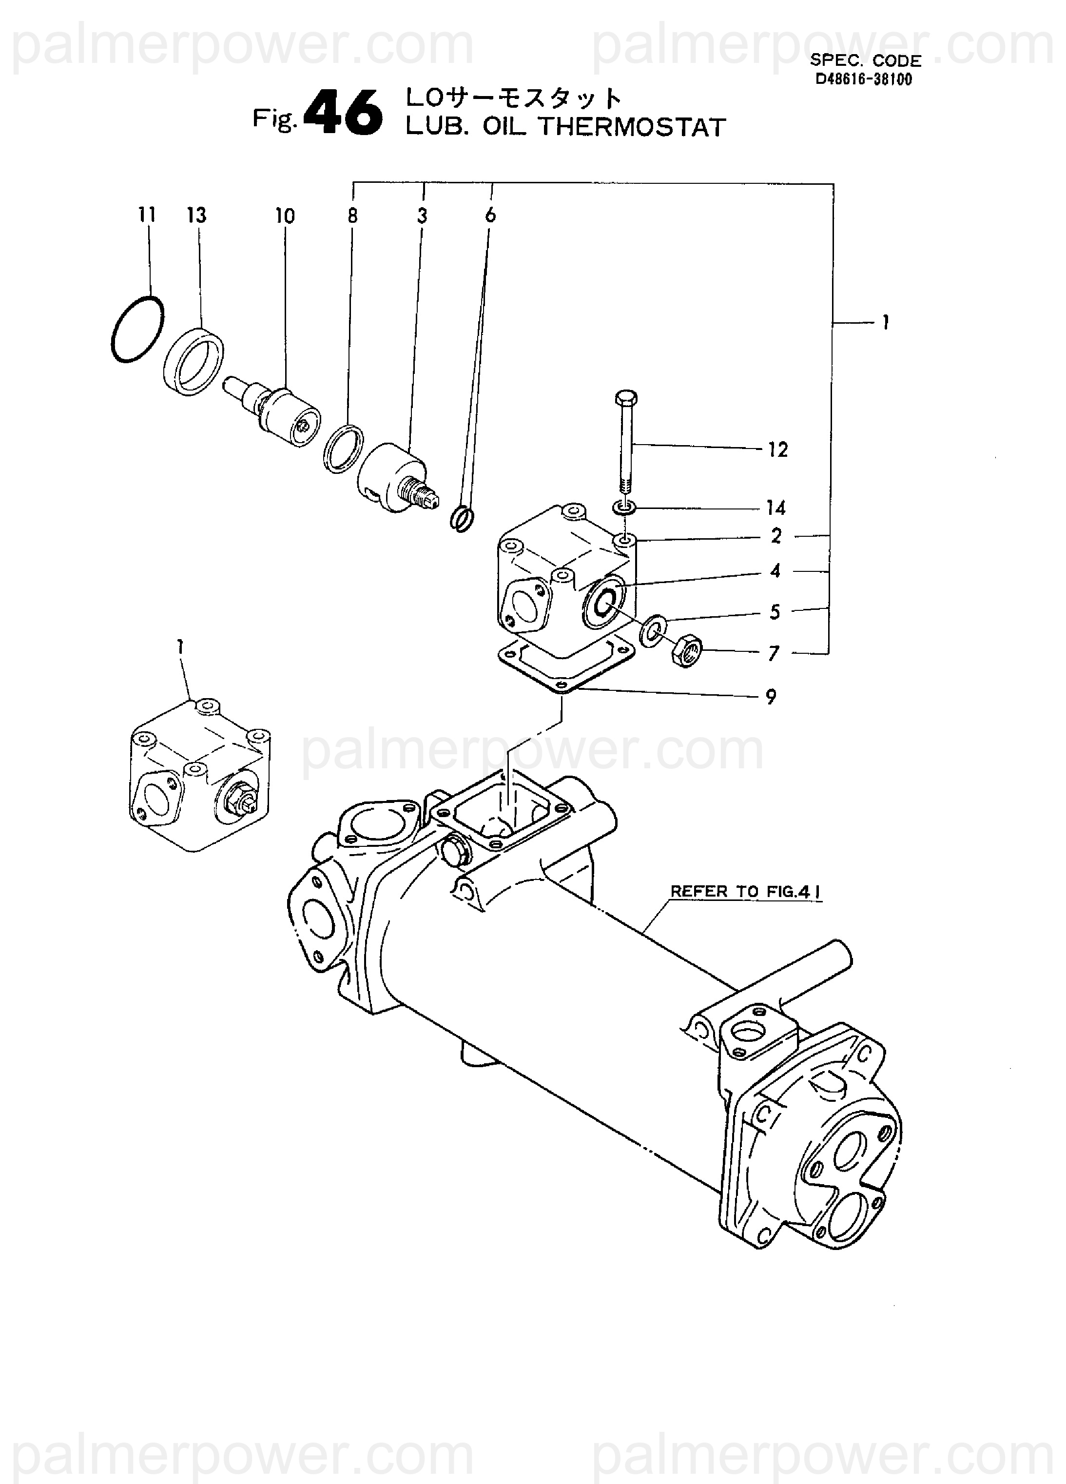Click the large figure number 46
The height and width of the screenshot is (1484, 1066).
coord(344,113)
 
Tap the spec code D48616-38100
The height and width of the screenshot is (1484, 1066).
coord(863,80)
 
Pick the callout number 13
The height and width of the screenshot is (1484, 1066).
coord(196,215)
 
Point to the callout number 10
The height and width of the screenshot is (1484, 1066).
coord(285,216)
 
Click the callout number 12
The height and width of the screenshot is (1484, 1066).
coord(777,449)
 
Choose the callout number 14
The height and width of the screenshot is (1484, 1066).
coord(776,508)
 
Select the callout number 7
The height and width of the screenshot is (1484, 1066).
coord(774,653)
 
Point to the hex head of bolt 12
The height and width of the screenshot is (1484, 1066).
coord(626,398)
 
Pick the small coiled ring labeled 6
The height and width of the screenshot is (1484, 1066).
coord(462,519)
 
